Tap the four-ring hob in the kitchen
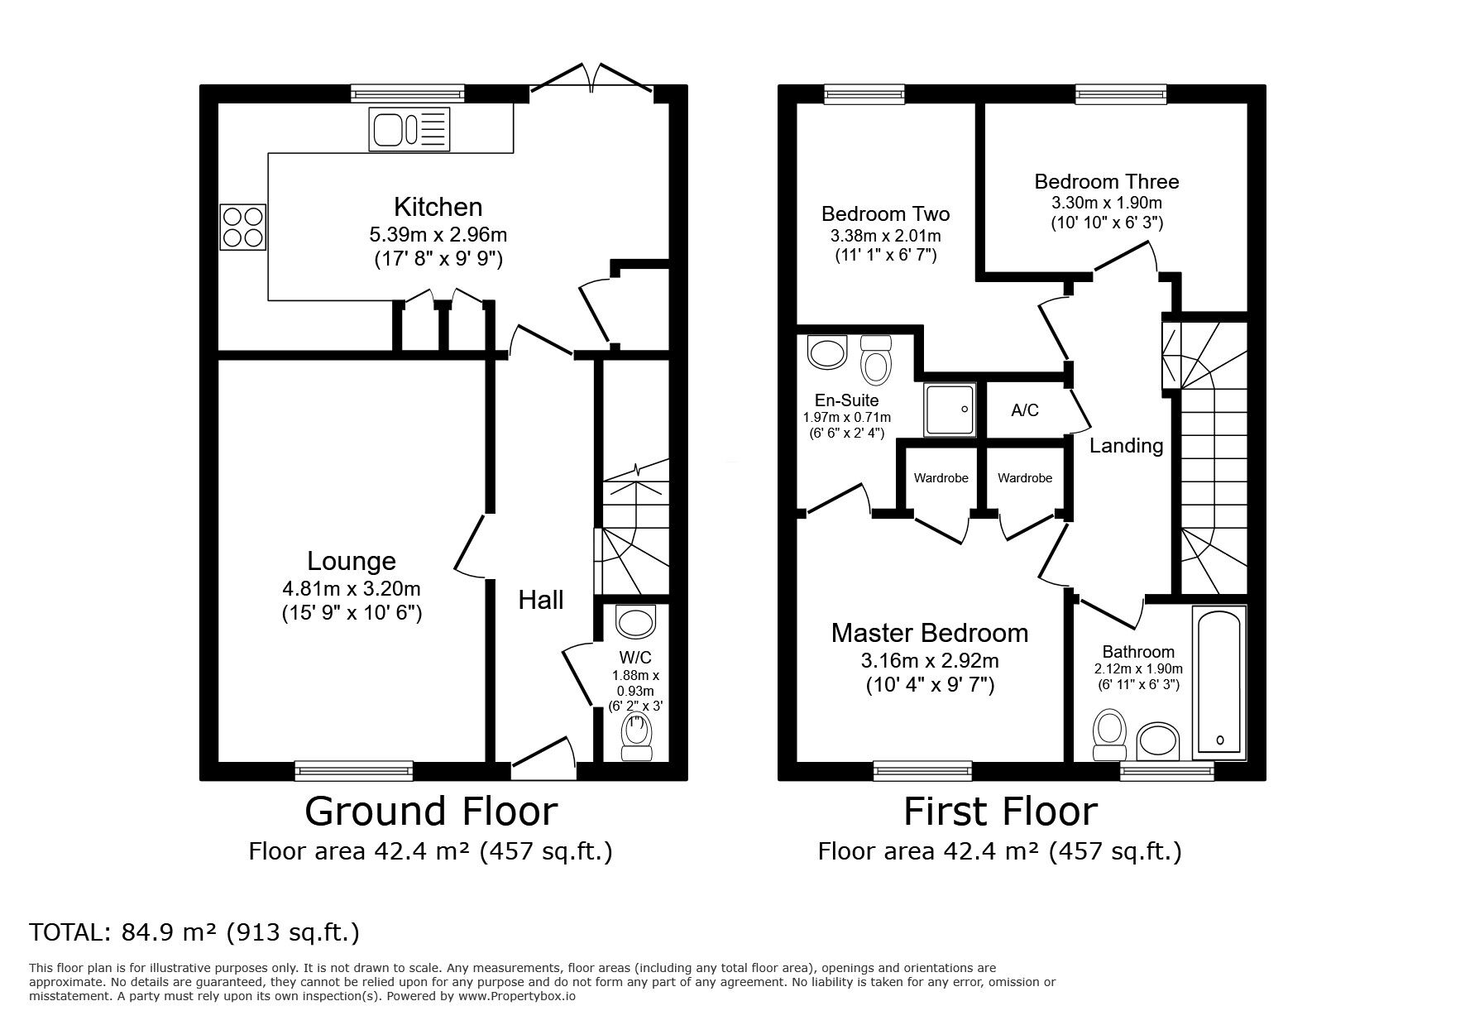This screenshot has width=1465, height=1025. (x=243, y=227)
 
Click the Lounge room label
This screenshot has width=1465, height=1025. (x=352, y=561)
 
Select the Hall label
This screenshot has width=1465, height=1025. (x=541, y=600)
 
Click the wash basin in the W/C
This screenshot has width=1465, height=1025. (x=636, y=621)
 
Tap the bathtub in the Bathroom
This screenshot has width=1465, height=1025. (x=1219, y=683)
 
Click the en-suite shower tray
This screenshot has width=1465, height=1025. (x=950, y=410)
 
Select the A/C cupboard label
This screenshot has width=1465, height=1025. (x=1025, y=410)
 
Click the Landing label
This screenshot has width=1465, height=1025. (x=1126, y=446)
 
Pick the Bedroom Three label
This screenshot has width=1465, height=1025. (x=1107, y=181)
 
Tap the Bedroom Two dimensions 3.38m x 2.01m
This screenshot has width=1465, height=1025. (x=885, y=236)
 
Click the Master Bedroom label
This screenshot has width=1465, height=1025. (x=930, y=633)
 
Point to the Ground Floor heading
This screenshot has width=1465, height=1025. (x=431, y=812)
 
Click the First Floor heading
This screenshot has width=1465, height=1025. (x=1000, y=812)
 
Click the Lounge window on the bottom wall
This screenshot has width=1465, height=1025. (x=354, y=771)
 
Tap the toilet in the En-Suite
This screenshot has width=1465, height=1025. (x=874, y=357)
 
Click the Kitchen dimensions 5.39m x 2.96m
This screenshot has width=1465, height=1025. (x=438, y=235)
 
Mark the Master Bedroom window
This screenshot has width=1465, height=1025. (x=923, y=771)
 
